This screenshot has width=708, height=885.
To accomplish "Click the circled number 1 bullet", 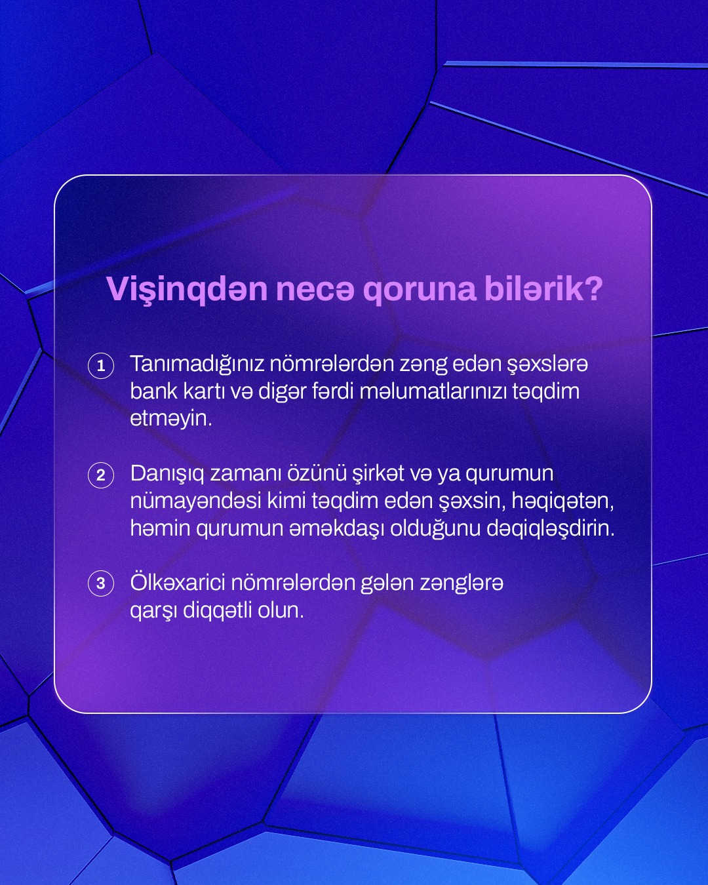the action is point(101,366).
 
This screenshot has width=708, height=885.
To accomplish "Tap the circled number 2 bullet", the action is point(101,475).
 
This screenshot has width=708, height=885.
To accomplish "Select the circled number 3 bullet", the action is point(101,583).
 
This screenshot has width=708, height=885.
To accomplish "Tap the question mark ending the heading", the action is point(594,289).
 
